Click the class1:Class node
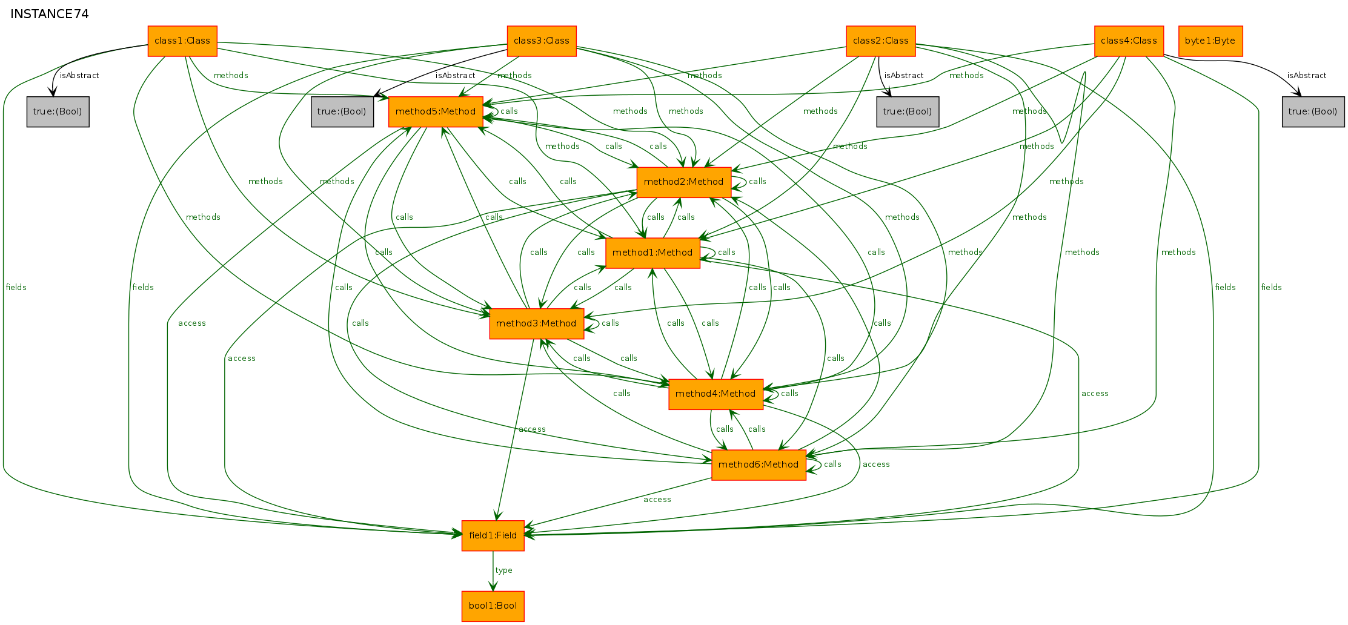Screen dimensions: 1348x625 pos(182,41)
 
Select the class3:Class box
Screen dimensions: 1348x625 pos(542,41)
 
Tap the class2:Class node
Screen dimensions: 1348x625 pos(881,41)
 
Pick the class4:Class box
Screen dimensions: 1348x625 pos(1129,41)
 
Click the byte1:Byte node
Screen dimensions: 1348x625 pos(1210,41)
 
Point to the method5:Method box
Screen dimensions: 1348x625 pos(436,112)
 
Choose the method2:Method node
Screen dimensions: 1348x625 pos(684,182)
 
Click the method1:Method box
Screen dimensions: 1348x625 pos(652,253)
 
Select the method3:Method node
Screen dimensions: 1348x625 pos(537,324)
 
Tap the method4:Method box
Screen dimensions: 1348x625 pos(716,394)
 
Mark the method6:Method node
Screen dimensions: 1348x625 pos(759,465)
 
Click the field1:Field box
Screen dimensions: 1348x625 pos(493,536)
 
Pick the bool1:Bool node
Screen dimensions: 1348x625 pos(493,606)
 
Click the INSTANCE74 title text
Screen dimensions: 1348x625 pos(50,14)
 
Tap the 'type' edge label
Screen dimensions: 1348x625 pos(503,570)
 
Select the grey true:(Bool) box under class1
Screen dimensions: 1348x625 pos(58,112)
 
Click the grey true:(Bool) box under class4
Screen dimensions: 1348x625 pos(1313,112)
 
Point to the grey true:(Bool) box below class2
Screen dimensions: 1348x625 pos(908,112)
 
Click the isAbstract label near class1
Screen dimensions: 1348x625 pos(79,76)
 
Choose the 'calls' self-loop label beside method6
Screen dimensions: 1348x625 pos(832,465)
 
